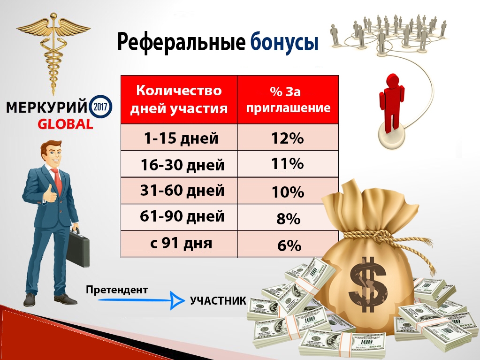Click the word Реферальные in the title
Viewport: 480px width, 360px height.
[x=180, y=43]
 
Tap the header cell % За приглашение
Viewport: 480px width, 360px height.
[x=288, y=99]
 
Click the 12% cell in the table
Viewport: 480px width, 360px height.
[x=287, y=138]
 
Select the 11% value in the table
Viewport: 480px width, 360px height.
[x=287, y=164]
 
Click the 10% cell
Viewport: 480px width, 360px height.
[x=288, y=192]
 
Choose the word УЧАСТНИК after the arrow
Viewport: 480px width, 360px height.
[x=218, y=300]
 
